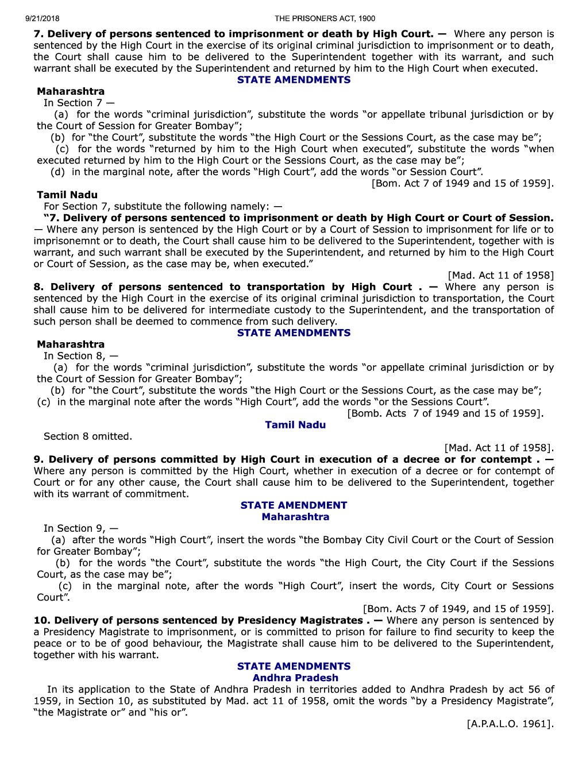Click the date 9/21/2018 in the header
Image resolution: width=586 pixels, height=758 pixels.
point(42,18)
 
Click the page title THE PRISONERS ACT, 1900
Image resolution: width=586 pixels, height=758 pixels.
point(325,18)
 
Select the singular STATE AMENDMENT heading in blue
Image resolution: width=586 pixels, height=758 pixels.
point(294,505)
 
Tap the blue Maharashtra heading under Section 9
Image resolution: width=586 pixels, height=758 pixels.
point(295,517)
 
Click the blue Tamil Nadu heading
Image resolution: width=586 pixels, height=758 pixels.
point(295,425)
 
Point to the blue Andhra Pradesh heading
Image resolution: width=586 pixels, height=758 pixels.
point(295,678)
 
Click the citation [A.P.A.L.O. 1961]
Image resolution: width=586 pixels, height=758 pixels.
point(510,724)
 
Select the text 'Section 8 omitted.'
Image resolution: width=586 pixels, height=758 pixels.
point(88,436)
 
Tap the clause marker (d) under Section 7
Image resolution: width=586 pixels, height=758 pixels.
point(57,172)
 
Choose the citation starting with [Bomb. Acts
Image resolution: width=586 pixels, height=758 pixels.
point(445,413)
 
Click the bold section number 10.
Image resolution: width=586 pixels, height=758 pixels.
point(41,620)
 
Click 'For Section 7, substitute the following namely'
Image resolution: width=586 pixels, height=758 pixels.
point(163,207)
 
